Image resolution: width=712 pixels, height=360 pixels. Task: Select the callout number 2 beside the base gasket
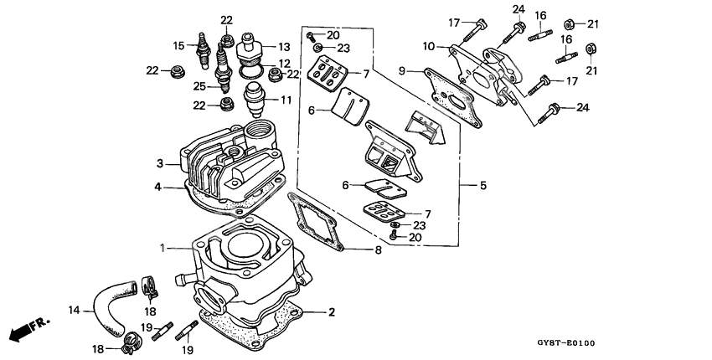tap(332, 312)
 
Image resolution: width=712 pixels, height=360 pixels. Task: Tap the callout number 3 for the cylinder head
tap(158, 162)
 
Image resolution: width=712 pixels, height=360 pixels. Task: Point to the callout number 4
tap(157, 187)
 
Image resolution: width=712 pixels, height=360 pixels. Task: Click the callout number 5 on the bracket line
tap(483, 184)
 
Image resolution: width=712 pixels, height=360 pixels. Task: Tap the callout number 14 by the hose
tap(75, 310)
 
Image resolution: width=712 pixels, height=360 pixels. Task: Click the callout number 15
tap(178, 45)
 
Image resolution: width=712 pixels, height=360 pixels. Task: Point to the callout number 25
tap(199, 86)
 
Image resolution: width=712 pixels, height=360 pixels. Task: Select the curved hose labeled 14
tap(107, 302)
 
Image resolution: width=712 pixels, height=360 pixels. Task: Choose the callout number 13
tap(284, 47)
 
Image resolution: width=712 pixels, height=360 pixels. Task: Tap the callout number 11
tap(286, 100)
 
